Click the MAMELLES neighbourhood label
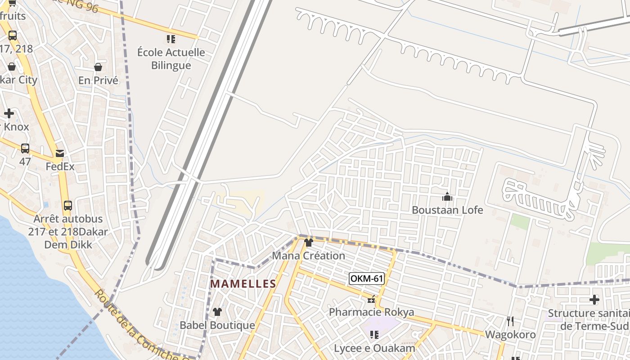tap(243, 284)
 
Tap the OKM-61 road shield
tap(366, 279)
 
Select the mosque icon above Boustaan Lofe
tap(447, 197)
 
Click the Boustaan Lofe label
tap(447, 210)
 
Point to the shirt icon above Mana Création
tap(308, 243)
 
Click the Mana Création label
tap(308, 256)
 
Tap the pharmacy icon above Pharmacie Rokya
tap(371, 299)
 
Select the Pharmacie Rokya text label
tap(371, 312)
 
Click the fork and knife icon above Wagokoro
tap(510, 321)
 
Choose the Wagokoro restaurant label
tap(510, 334)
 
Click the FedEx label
tap(60, 166)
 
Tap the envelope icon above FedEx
tap(60, 153)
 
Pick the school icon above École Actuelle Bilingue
tap(171, 39)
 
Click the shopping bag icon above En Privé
tap(98, 67)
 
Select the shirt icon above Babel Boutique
tap(217, 312)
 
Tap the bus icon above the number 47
tap(25, 148)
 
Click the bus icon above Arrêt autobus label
tap(68, 206)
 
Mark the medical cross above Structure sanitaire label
tap(594, 300)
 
